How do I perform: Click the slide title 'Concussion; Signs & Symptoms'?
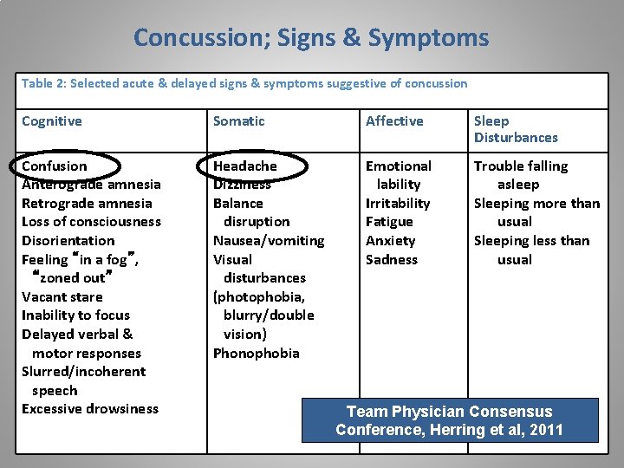pyautogui.click(x=311, y=38)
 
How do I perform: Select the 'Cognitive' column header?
pyautogui.click(x=52, y=121)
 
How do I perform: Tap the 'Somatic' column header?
pyautogui.click(x=239, y=121)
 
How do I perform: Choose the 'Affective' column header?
pyautogui.click(x=394, y=121)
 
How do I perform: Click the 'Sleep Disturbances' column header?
pyautogui.click(x=516, y=129)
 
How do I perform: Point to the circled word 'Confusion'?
pyautogui.click(x=55, y=166)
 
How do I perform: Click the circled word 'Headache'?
pyautogui.click(x=245, y=166)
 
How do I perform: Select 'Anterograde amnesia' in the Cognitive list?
pyautogui.click(x=91, y=185)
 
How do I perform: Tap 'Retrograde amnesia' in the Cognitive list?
pyautogui.click(x=87, y=204)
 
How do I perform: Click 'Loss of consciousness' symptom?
pyautogui.click(x=91, y=222)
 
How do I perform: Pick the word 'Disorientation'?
pyautogui.click(x=68, y=241)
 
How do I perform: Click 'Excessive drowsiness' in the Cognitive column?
pyautogui.click(x=90, y=409)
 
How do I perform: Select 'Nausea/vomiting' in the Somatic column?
pyautogui.click(x=269, y=241)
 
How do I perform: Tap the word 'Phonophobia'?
pyautogui.click(x=257, y=353)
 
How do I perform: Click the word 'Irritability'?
pyautogui.click(x=398, y=204)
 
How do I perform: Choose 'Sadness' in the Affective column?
pyautogui.click(x=392, y=259)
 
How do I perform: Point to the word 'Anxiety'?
pyautogui.click(x=391, y=241)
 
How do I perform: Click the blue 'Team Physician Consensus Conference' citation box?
pyautogui.click(x=449, y=420)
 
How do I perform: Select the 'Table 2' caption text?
pyautogui.click(x=244, y=84)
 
